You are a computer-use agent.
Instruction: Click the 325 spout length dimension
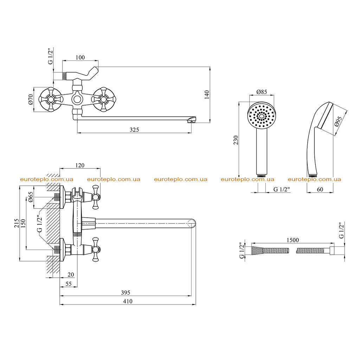point(134,130)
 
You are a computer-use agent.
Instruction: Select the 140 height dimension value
point(207,95)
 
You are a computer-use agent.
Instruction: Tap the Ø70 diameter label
point(31,99)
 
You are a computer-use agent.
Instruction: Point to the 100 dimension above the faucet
point(80,57)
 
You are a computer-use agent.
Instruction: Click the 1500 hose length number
point(293,240)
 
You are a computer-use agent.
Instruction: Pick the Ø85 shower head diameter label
point(262,92)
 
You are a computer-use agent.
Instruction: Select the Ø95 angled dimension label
point(339,121)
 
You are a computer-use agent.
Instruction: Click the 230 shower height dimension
point(236,140)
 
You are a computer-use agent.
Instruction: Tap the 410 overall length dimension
point(128,301)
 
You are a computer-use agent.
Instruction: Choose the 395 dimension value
point(126,292)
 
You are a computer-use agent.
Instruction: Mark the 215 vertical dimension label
point(17,223)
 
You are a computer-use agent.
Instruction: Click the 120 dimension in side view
point(80,165)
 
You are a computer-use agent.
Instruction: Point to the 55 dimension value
point(69,284)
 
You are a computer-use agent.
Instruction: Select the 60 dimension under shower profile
point(320,189)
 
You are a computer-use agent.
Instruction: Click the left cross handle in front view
point(51,99)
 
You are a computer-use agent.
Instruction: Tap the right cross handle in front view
point(104,99)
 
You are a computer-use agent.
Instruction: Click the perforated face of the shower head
point(262,116)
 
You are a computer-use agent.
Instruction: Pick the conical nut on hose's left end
point(258,250)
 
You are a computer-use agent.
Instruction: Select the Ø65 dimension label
point(31,197)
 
